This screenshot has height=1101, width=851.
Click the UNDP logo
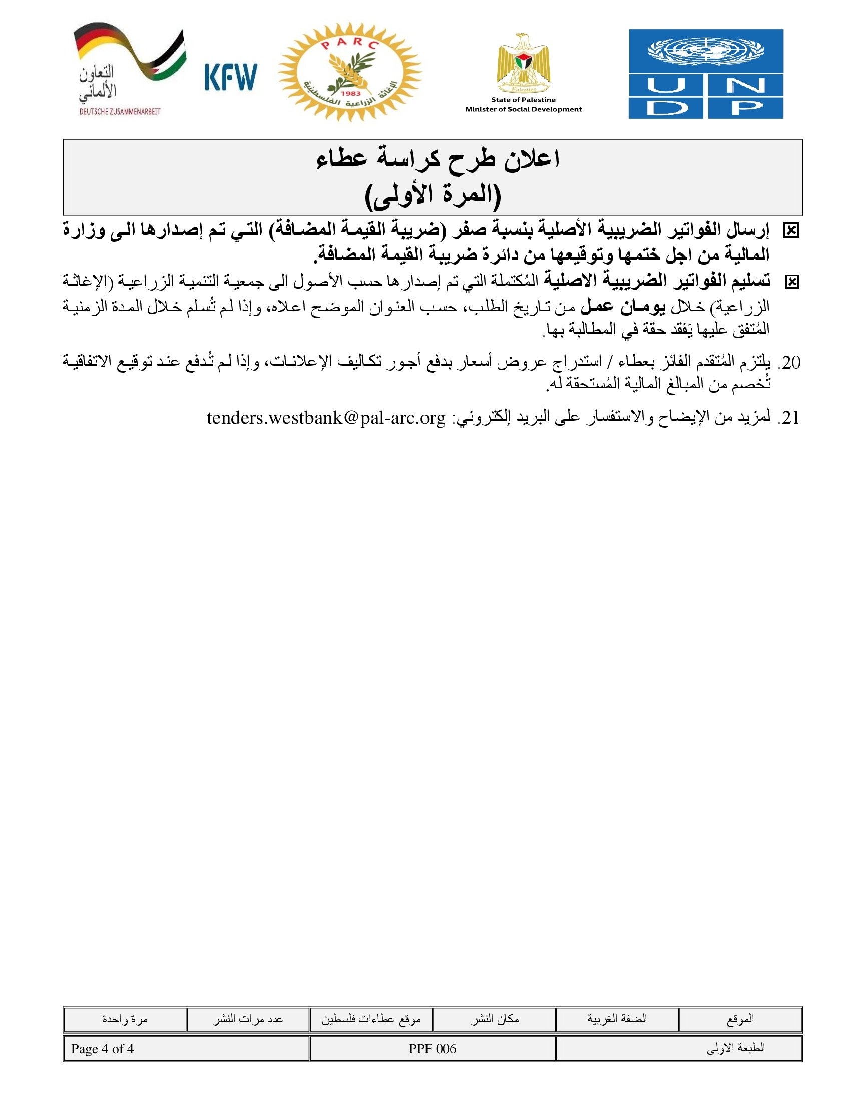pos(705,74)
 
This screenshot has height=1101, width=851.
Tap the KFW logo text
pos(231,77)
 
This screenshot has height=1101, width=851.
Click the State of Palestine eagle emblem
pos(523,64)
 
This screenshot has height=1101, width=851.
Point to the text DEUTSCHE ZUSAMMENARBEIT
pos(120,112)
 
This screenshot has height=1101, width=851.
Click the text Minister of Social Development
pos(523,109)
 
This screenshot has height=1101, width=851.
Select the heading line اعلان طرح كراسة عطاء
pos(438,159)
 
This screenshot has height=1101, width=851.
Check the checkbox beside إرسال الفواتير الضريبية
pos(791,231)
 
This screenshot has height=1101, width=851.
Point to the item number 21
pos(789,418)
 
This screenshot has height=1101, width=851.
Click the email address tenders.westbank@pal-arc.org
pos(326,418)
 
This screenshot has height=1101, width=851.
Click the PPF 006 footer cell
pos(433,1049)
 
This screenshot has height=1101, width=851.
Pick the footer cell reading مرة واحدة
pos(125,1019)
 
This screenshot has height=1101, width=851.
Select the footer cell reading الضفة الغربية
pos(617,1019)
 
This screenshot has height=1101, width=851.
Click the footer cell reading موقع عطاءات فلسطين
pos(371,1019)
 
